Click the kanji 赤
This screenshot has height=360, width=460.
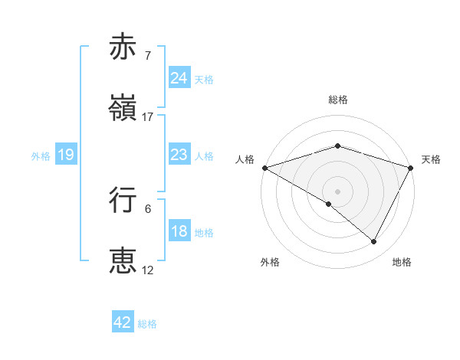click(123, 47)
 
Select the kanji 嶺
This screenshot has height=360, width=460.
click(123, 109)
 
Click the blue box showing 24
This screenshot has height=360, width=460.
click(179, 78)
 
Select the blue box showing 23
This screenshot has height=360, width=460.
click(179, 155)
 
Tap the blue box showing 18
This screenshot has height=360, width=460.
click(179, 232)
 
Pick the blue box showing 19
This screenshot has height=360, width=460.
click(66, 155)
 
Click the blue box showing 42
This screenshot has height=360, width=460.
click(123, 322)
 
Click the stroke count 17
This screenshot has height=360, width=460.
click(148, 117)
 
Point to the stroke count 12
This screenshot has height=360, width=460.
click(148, 270)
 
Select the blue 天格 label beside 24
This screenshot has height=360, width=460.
click(204, 79)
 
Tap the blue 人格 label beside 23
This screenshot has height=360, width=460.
click(204, 156)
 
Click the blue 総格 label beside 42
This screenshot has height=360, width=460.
click(147, 323)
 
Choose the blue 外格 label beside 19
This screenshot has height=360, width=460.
click(41, 156)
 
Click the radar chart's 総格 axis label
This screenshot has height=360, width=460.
click(337, 100)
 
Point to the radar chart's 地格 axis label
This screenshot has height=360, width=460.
click(402, 263)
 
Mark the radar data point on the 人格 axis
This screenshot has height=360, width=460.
click(264, 167)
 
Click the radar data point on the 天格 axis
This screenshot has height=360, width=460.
click(411, 167)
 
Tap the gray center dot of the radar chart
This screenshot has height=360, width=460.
click(337, 191)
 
